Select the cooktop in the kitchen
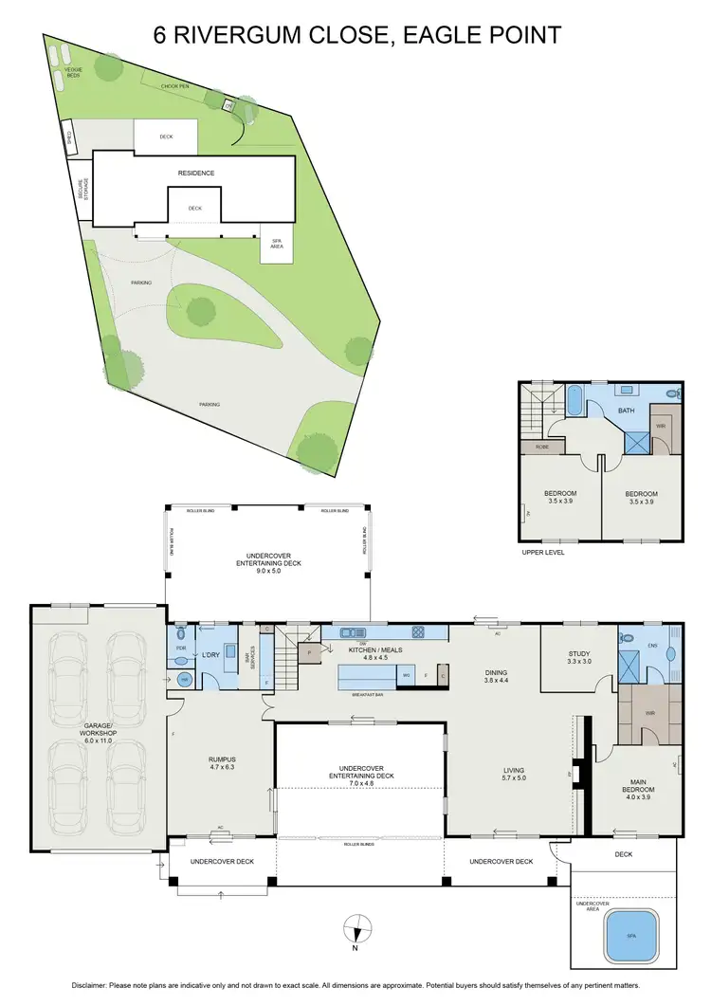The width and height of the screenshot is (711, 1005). [416, 632]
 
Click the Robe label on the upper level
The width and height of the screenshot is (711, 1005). [542, 445]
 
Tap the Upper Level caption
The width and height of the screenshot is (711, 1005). [542, 551]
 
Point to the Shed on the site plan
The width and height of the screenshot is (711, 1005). [69, 137]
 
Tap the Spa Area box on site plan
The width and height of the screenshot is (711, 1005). [277, 245]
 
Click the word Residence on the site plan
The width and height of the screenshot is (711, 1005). [196, 174]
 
